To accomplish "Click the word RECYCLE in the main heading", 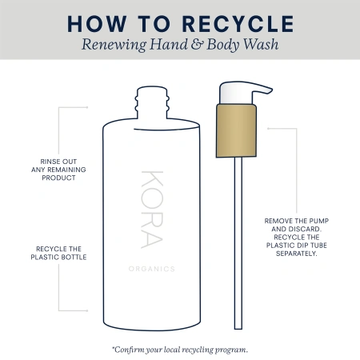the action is pyautogui.click(x=238, y=24).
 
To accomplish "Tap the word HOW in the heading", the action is pyautogui.click(x=97, y=24).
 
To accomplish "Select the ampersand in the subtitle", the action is pyautogui.click(x=197, y=44).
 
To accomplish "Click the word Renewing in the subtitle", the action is pyautogui.click(x=114, y=45).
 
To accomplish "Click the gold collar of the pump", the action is pyautogui.click(x=236, y=130).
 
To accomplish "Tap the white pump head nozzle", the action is pyautogui.click(x=245, y=92).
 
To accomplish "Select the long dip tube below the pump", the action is pyautogui.click(x=238, y=243).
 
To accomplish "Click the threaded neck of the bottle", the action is pyautogui.click(x=152, y=102).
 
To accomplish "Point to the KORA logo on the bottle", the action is pyautogui.click(x=152, y=210).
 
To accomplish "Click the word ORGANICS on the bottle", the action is pyautogui.click(x=152, y=269).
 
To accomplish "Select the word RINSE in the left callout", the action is pyautogui.click(x=50, y=162).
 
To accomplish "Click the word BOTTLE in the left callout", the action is pyautogui.click(x=74, y=257).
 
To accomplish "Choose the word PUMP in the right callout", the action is pyautogui.click(x=319, y=221).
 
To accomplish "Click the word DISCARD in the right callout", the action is pyautogui.click(x=305, y=229).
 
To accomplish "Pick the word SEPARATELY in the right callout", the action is pyautogui.click(x=297, y=254).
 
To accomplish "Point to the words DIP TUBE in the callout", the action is pyautogui.click(x=307, y=246).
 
